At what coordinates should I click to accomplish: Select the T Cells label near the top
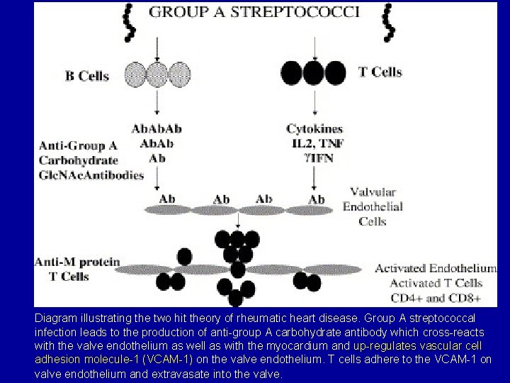377,72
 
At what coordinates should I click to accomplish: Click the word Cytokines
314,129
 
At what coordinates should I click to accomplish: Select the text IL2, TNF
314,143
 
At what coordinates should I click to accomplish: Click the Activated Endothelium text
435,269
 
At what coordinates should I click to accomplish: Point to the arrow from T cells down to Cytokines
312,103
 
